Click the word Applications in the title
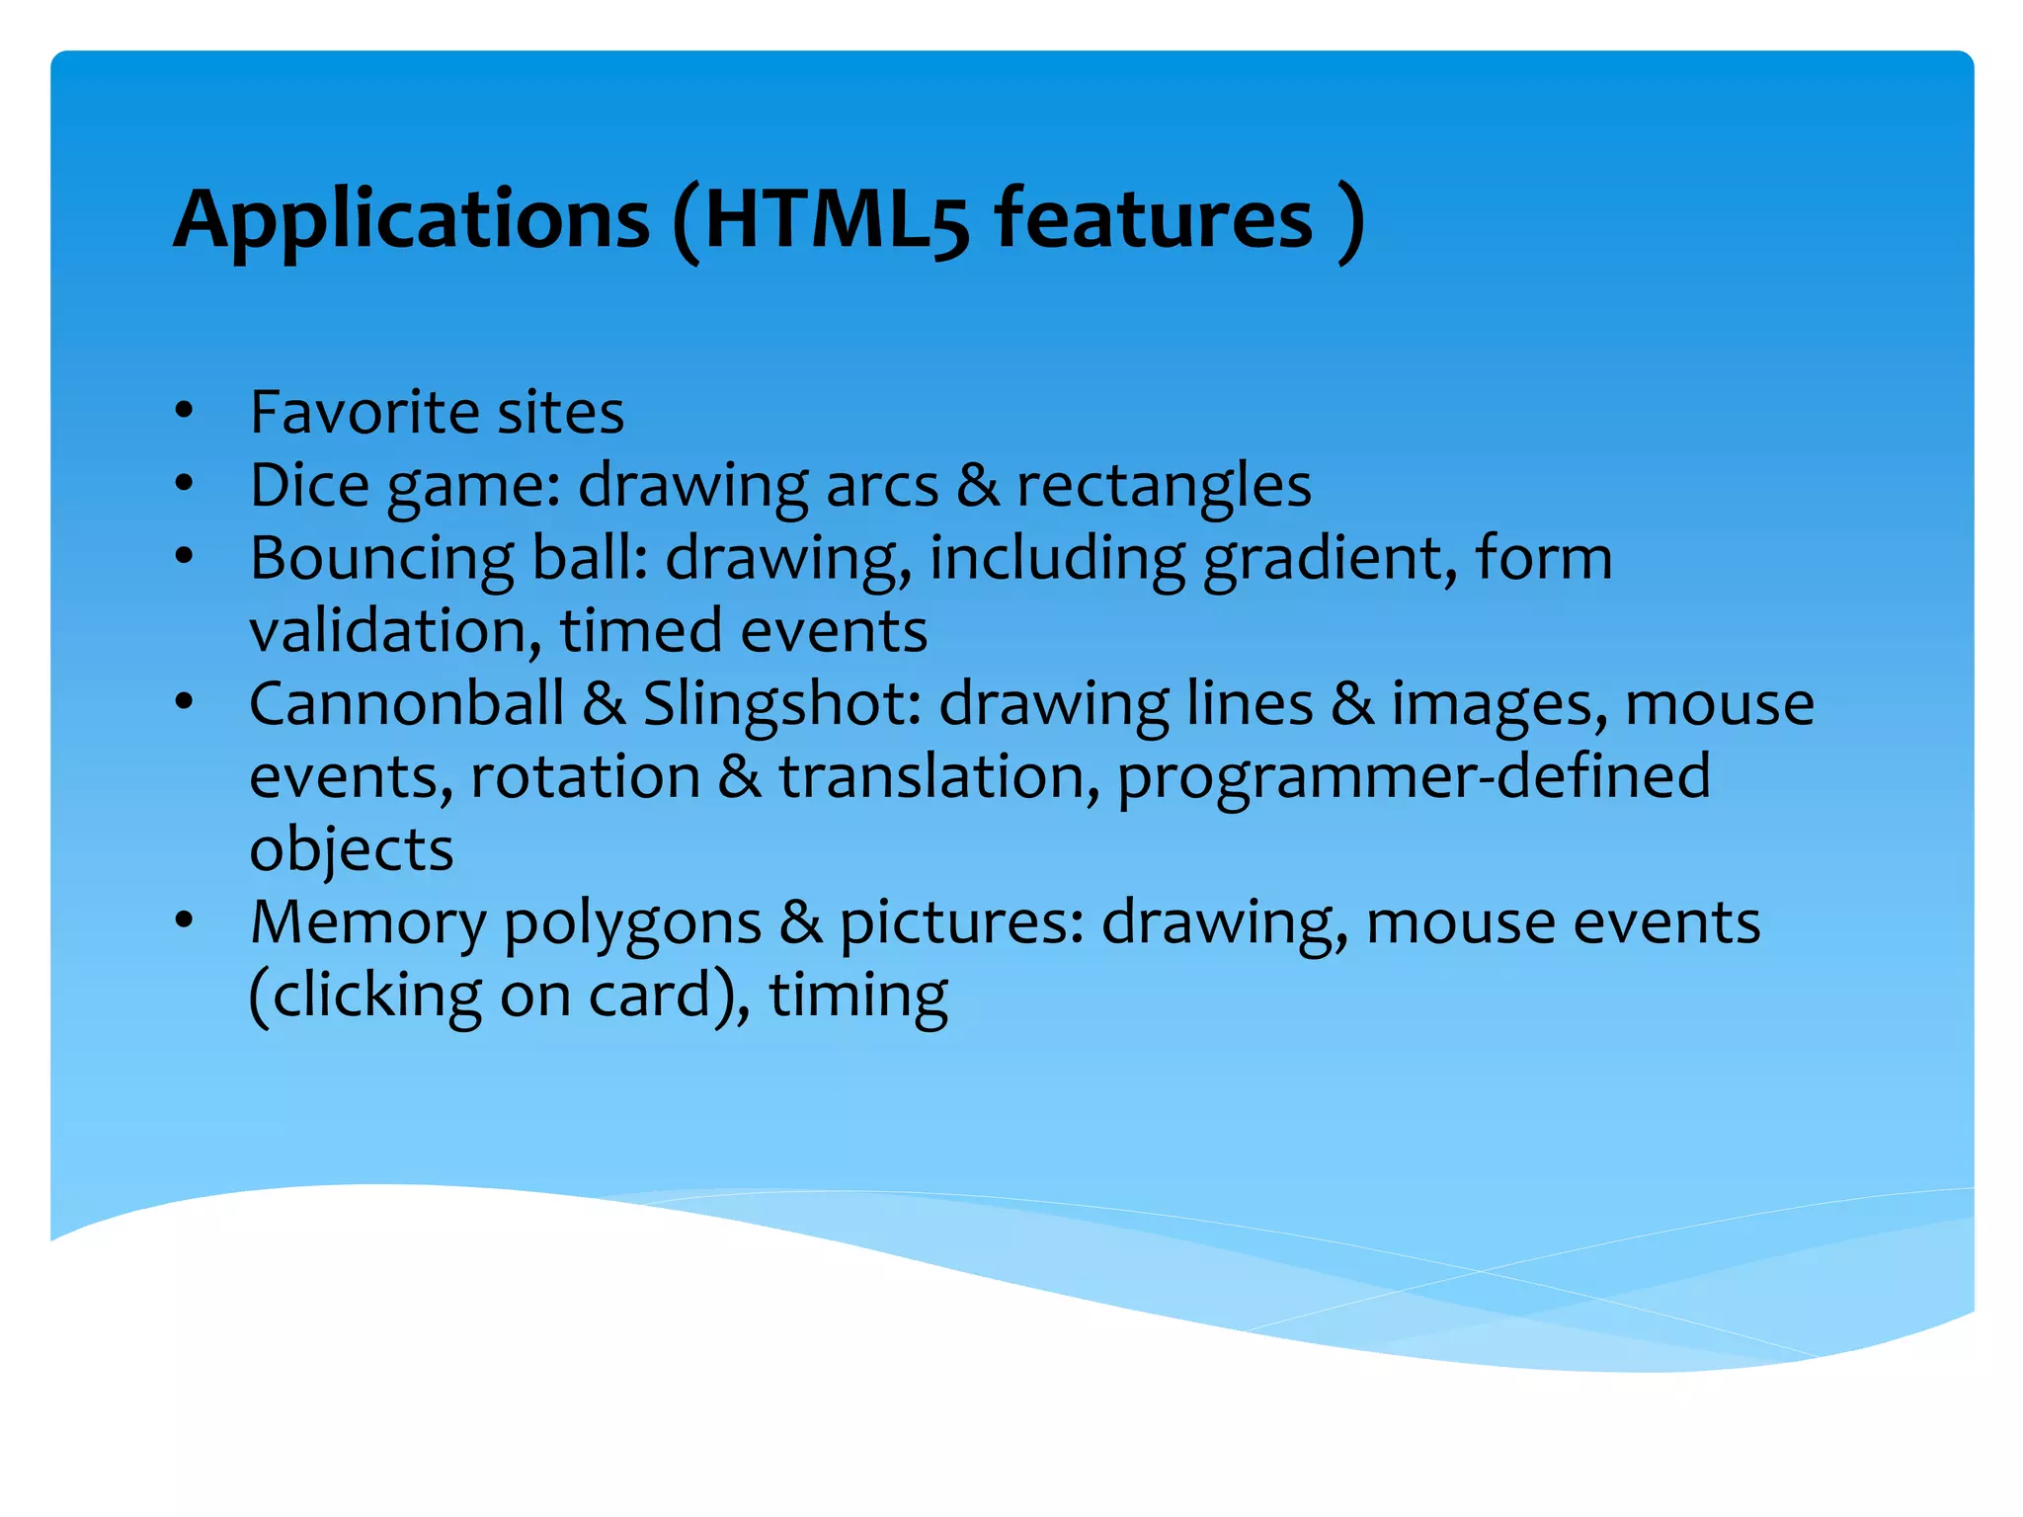click(x=411, y=219)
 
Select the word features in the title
click(x=1153, y=219)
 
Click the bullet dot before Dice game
click(x=184, y=484)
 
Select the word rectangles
click(x=1164, y=486)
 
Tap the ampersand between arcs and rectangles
click(x=978, y=485)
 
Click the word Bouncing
click(x=381, y=559)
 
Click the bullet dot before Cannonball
click(x=184, y=703)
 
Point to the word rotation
click(x=585, y=777)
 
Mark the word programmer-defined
click(x=1414, y=777)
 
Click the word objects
click(x=351, y=850)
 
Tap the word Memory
click(x=368, y=923)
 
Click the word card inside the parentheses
click(x=649, y=995)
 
